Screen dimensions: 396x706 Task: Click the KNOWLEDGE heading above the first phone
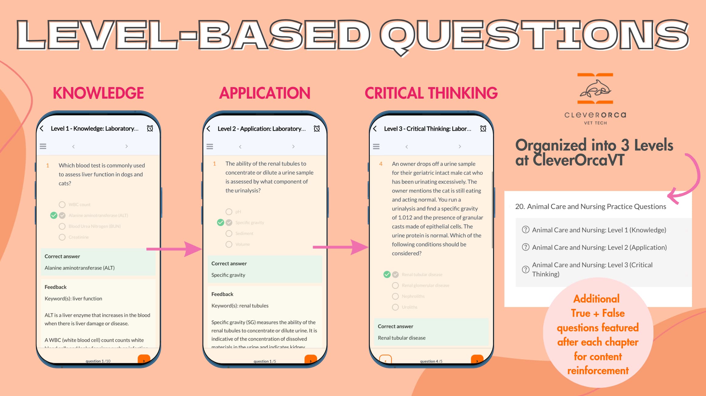click(x=98, y=93)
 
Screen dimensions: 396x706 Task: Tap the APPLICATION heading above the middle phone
click(x=265, y=93)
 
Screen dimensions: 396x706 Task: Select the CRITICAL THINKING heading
click(x=431, y=93)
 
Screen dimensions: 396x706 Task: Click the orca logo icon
click(x=595, y=89)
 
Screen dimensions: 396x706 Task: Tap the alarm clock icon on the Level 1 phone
click(x=150, y=128)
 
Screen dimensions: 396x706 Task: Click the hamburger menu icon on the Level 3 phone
click(x=376, y=147)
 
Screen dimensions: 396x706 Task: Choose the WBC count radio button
click(x=62, y=205)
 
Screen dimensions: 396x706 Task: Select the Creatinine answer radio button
click(x=62, y=237)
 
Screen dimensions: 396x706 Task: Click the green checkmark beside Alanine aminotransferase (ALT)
click(x=54, y=215)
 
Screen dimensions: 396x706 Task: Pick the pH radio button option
click(x=229, y=212)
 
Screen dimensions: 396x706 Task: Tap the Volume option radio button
click(x=229, y=244)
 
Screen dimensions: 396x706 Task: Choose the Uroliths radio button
click(x=395, y=307)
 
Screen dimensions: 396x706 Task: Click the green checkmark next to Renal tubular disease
click(x=387, y=275)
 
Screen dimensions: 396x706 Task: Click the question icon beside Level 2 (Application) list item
click(x=526, y=247)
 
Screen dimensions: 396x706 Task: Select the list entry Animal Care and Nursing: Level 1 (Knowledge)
click(x=599, y=230)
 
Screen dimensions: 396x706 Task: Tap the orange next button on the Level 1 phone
click(x=144, y=360)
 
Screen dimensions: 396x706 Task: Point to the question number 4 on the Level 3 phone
click(x=381, y=164)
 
